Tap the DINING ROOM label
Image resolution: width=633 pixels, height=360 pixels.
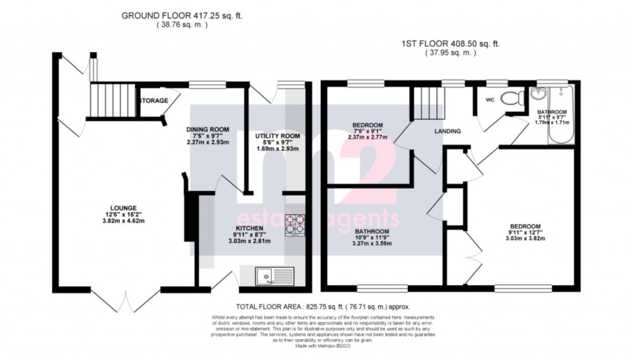pos(208,129)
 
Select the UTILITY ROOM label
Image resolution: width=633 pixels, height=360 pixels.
pos(278,135)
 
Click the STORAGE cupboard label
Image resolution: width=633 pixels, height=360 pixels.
pos(153,100)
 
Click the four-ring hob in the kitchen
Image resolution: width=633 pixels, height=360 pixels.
pos(295,225)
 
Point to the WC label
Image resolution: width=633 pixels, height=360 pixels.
pos(490,99)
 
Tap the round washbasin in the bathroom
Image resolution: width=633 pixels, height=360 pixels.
pos(535,94)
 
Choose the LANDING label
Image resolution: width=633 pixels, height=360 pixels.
pos(447,131)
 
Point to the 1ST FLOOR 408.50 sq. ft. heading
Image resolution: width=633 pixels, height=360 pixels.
pos(451,43)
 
